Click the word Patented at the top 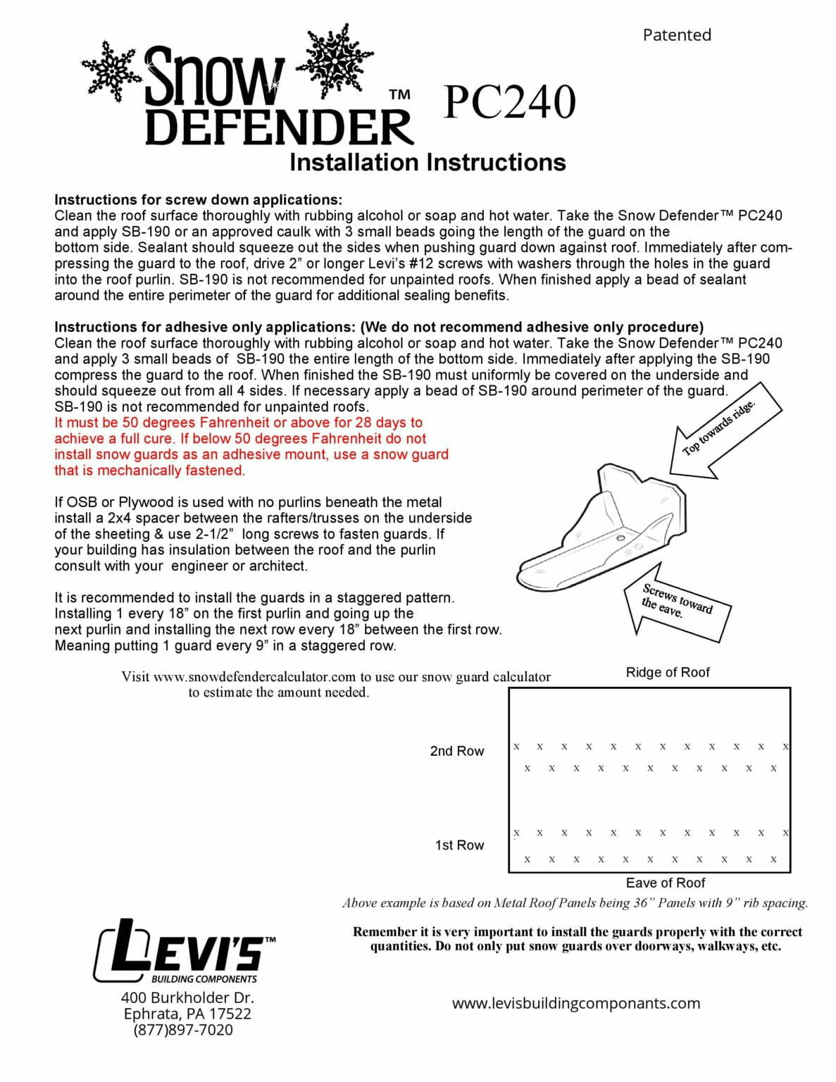pyautogui.click(x=676, y=35)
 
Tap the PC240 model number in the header pyautogui.click(x=509, y=102)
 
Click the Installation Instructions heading pyautogui.click(x=428, y=162)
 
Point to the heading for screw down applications pyautogui.click(x=198, y=199)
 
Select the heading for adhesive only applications pyautogui.click(x=378, y=327)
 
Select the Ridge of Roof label pyautogui.click(x=667, y=672)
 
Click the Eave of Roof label pyautogui.click(x=665, y=883)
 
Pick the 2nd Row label pyautogui.click(x=456, y=751)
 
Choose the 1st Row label pyautogui.click(x=459, y=845)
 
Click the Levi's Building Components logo pyautogui.click(x=185, y=952)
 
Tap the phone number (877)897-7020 pyautogui.click(x=183, y=1029)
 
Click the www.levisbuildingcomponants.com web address pyautogui.click(x=575, y=1003)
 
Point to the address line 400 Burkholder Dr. pyautogui.click(x=187, y=997)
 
